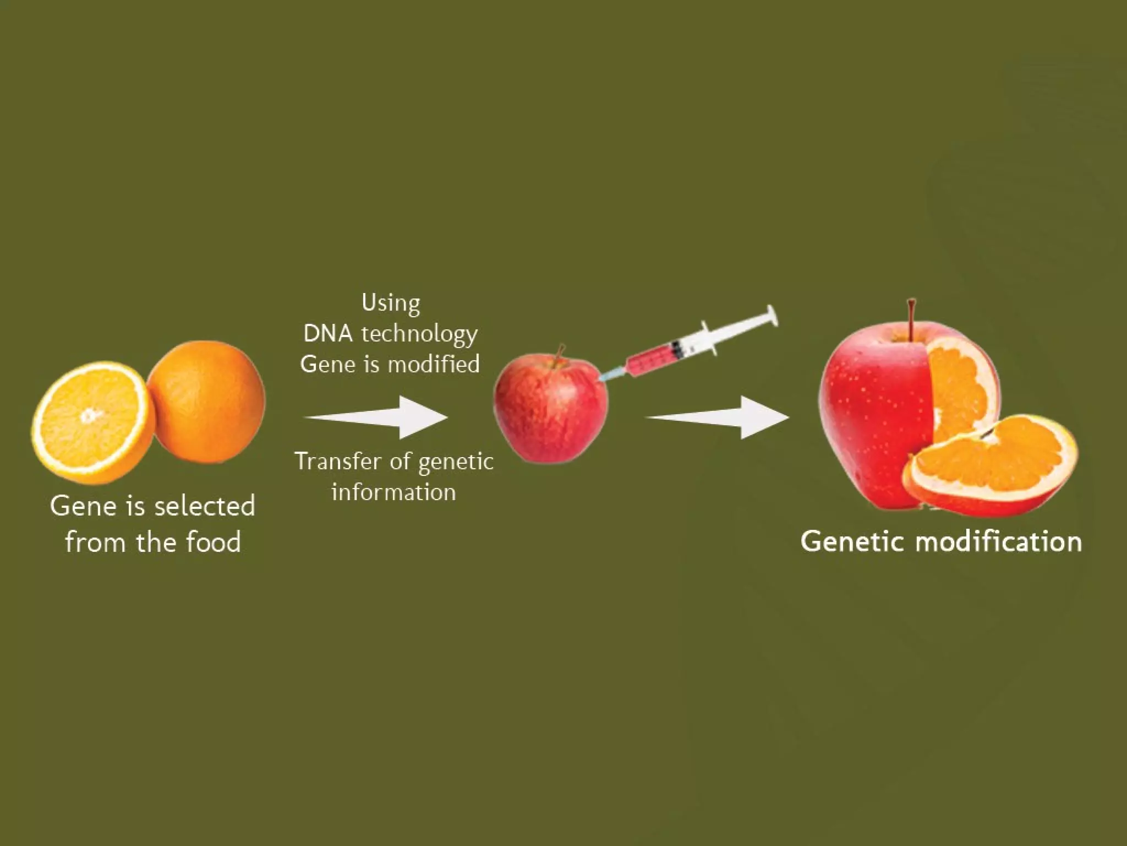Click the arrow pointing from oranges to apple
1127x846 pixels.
[380, 417]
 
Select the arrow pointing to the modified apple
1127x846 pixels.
[721, 417]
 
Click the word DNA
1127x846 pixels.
[328, 333]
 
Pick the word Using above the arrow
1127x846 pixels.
[391, 303]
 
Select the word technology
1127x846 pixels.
[419, 334]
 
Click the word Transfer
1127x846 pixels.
[337, 462]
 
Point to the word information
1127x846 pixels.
[393, 492]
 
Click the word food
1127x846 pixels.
[214, 542]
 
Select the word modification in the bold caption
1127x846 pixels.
[998, 541]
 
